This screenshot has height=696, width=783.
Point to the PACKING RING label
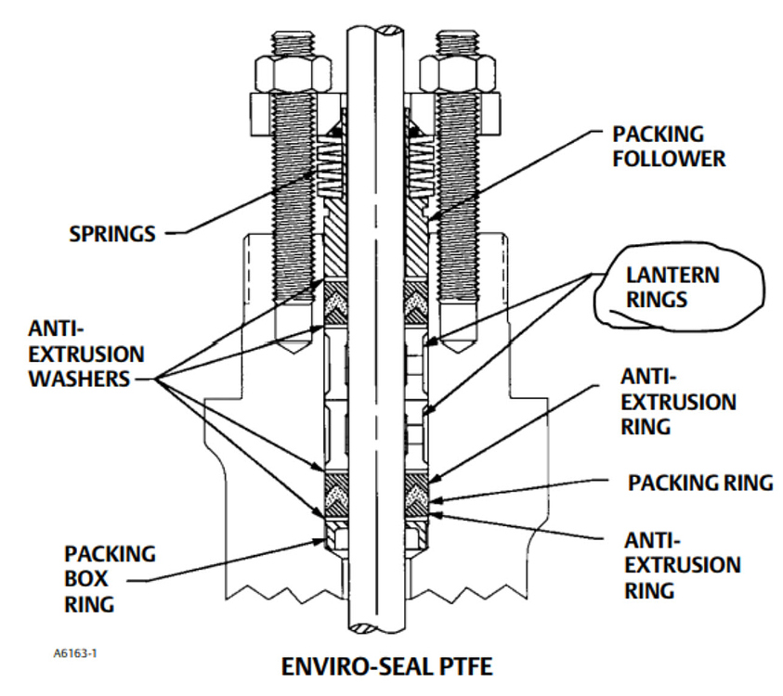(x=699, y=483)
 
